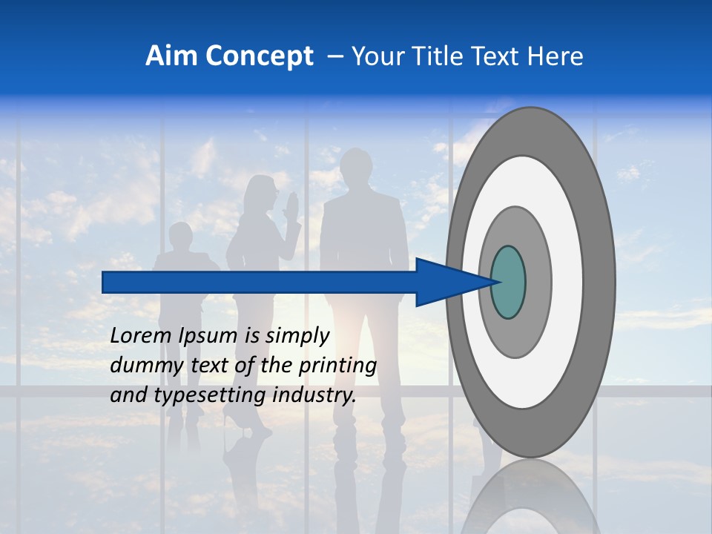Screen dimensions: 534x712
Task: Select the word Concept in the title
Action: tap(260, 56)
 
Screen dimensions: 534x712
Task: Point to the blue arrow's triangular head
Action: tap(445, 282)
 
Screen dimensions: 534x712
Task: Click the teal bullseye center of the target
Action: tap(508, 282)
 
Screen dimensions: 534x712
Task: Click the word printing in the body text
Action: tap(338, 366)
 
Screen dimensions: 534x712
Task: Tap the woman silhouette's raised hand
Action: tap(291, 205)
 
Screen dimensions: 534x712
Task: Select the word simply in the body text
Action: tap(297, 336)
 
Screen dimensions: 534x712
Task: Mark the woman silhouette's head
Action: tap(261, 192)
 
